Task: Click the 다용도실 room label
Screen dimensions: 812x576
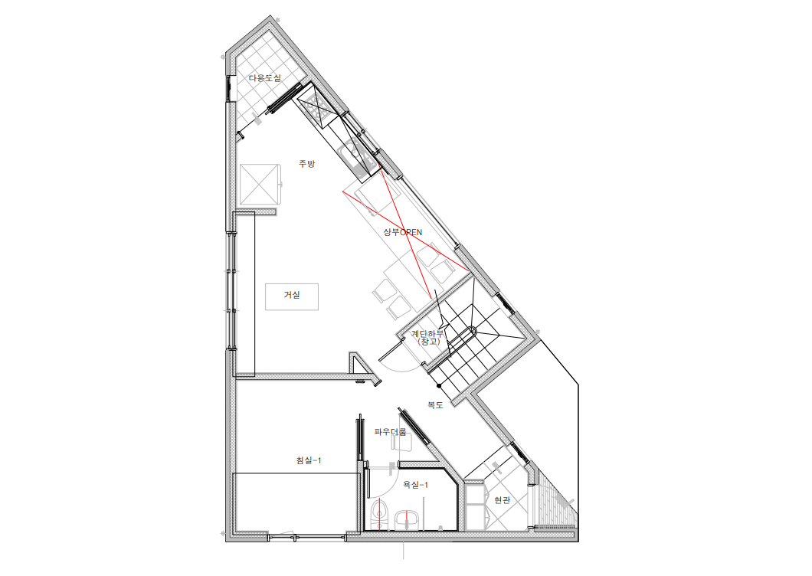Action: tap(264, 78)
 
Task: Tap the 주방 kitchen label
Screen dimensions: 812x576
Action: tap(306, 164)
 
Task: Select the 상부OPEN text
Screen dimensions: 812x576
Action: tap(403, 232)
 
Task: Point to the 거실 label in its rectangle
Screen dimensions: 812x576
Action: tap(292, 295)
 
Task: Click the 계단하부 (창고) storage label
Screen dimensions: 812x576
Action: tap(428, 338)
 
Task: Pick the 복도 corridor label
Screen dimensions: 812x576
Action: tap(435, 405)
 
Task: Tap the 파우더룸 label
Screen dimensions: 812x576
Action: tap(390, 431)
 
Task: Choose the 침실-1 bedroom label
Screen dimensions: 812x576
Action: tap(309, 460)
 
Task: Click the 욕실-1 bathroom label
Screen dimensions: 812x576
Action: tap(415, 485)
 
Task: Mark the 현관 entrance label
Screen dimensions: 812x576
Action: tap(502, 500)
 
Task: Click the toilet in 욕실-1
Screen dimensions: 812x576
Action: tap(381, 515)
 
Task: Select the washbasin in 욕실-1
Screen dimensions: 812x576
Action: tap(407, 520)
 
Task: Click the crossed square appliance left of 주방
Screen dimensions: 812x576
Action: tap(260, 184)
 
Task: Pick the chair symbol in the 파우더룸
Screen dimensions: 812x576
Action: tap(401, 442)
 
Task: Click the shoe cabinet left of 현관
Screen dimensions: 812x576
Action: tap(474, 506)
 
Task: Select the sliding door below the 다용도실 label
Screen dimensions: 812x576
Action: tap(283, 97)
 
